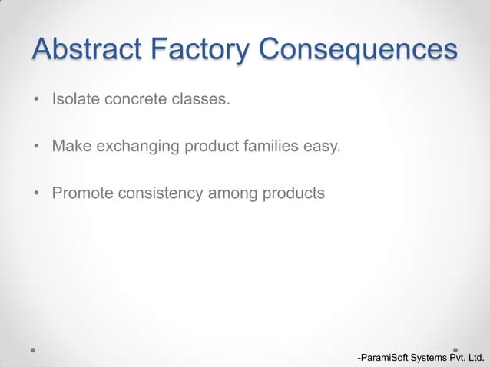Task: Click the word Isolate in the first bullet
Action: [x=74, y=99]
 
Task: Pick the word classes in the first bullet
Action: [x=204, y=99]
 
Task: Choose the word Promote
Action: [x=82, y=193]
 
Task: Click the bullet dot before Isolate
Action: [x=36, y=100]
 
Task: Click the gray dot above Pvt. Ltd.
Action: [x=455, y=349]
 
